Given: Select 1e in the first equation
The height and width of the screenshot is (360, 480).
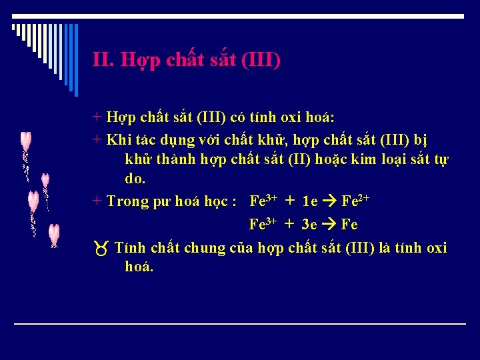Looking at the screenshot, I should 310,201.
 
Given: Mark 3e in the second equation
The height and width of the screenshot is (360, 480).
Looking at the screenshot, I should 310,225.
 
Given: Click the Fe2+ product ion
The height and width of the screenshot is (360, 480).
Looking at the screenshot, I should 356,201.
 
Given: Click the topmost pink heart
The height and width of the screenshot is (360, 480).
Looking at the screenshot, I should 25,141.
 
